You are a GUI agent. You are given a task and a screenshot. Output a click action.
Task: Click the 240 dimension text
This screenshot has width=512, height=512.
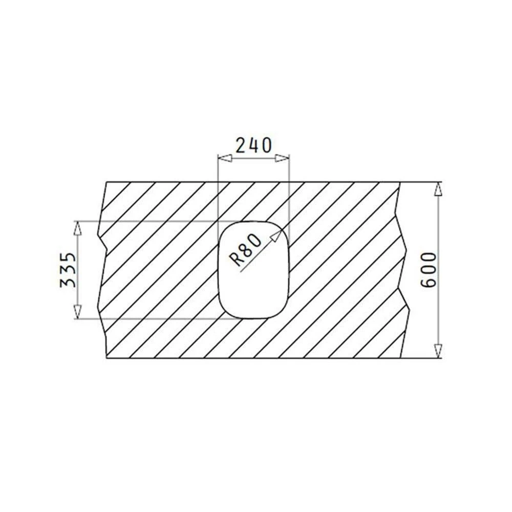[253, 145]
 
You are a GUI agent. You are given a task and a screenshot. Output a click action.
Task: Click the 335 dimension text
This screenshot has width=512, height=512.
[68, 270]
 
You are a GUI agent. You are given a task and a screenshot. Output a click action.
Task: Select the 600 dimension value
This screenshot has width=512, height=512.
[429, 270]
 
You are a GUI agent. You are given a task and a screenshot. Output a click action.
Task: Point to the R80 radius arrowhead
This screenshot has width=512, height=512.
[276, 235]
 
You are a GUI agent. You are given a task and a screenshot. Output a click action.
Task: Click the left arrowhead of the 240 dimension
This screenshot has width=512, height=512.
[225, 159]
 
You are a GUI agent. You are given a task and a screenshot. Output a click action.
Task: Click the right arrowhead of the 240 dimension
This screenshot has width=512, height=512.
[282, 159]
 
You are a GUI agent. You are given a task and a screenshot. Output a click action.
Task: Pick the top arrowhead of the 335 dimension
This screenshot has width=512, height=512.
[77, 228]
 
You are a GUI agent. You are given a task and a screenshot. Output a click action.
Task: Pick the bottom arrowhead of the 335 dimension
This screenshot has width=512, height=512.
[77, 311]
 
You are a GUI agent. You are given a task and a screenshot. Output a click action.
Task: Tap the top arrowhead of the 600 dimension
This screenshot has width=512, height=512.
[438, 189]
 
